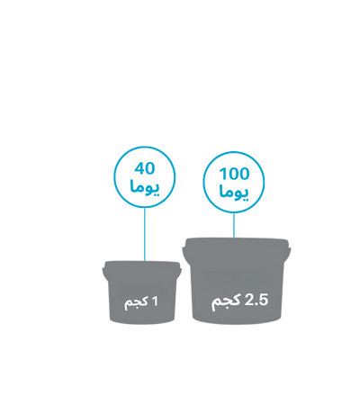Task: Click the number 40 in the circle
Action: [x=145, y=168]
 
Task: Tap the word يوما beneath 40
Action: [x=145, y=187]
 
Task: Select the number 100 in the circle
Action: [x=234, y=174]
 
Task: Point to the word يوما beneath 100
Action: [x=234, y=193]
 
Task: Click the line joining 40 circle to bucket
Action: [x=145, y=234]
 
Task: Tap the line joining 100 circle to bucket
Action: [x=234, y=225]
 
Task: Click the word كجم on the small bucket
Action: [x=136, y=302]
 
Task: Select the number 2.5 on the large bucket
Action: [x=256, y=300]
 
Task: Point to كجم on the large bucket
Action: [x=226, y=301]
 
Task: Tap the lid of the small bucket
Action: [x=142, y=265]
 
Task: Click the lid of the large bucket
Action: [x=237, y=243]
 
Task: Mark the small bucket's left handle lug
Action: [x=105, y=272]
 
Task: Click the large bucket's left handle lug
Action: [x=186, y=255]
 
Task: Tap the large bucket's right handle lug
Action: [x=287, y=253]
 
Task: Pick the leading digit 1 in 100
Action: [x=222, y=174]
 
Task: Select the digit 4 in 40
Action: [x=139, y=168]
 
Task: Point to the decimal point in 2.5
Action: [x=256, y=304]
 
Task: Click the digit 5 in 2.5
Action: [x=263, y=301]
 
